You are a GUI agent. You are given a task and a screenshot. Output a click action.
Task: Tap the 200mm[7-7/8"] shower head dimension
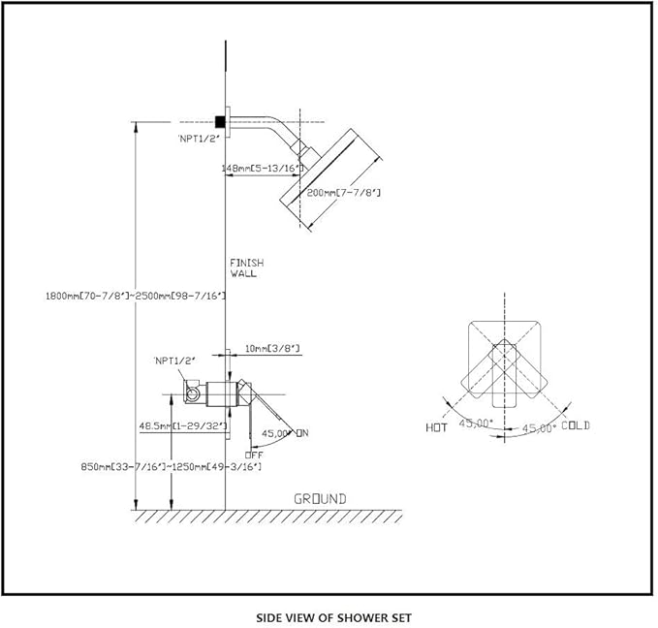click(x=343, y=193)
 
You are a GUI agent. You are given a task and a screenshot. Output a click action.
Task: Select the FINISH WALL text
click(x=246, y=268)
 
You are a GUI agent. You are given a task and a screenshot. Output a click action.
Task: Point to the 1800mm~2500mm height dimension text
click(x=137, y=295)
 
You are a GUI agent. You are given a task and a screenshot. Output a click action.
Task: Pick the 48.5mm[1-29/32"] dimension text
click(x=182, y=425)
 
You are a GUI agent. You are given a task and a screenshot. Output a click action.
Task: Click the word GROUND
click(x=320, y=499)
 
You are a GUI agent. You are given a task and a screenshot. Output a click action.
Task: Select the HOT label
click(x=436, y=426)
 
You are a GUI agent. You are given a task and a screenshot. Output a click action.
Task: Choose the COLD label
click(x=575, y=425)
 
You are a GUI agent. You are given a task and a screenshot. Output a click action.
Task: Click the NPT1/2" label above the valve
click(x=173, y=361)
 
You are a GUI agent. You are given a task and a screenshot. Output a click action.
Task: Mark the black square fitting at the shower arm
click(x=221, y=121)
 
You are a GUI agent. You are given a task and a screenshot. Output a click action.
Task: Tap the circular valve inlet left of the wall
click(x=194, y=392)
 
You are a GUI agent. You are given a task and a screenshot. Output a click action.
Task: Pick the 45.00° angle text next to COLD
click(x=539, y=427)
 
